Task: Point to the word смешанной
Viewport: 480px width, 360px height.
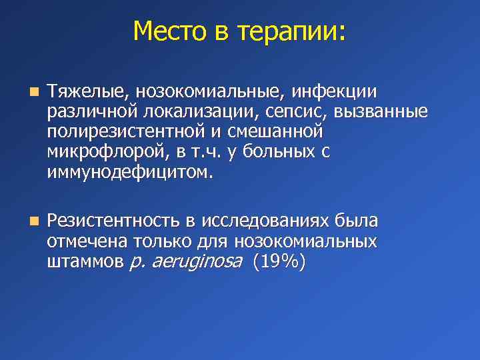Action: (281, 132)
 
